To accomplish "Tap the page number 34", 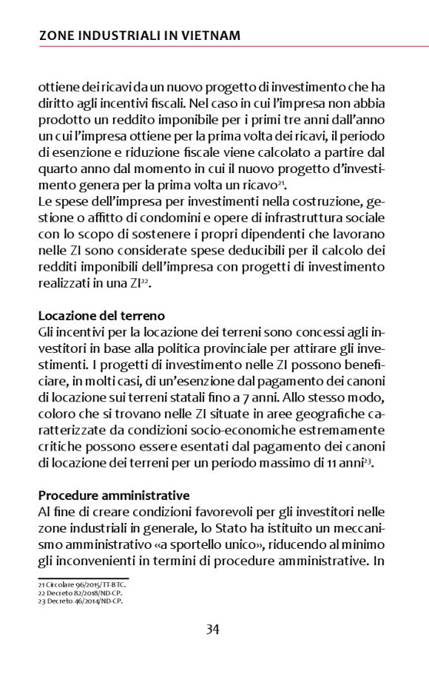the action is click(x=212, y=630).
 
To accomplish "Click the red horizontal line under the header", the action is click(x=214, y=46).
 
